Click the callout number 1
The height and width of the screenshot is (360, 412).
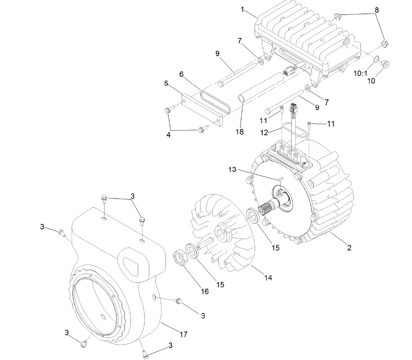click(243, 9)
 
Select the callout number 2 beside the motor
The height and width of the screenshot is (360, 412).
click(349, 247)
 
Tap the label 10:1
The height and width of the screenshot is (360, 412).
click(360, 73)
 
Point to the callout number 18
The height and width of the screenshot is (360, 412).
click(240, 132)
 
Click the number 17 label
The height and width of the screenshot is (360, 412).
click(183, 335)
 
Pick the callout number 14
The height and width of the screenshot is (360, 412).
click(268, 278)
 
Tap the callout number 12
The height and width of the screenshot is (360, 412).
click(264, 133)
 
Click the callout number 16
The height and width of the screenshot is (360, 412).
click(205, 291)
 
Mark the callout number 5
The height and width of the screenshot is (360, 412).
click(166, 84)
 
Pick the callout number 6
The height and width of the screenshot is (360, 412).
click(181, 74)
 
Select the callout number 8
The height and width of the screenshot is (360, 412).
click(376, 9)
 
